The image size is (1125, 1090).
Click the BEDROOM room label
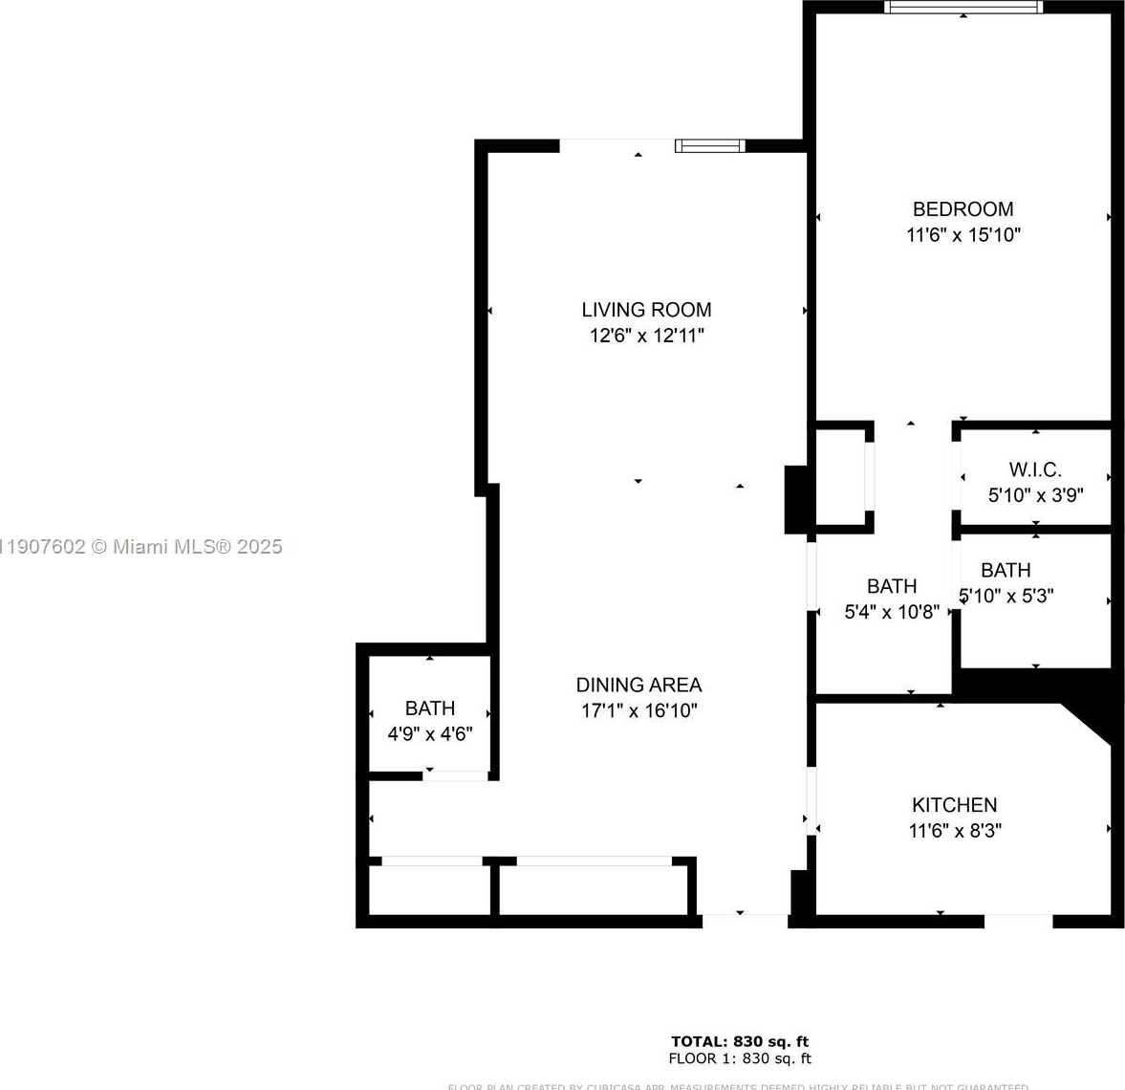click(963, 209)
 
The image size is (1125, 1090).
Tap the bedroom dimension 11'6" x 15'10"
click(963, 235)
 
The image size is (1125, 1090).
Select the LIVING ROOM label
click(646, 310)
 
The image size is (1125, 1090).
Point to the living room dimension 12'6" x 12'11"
click(646, 336)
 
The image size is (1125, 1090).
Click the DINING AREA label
click(638, 685)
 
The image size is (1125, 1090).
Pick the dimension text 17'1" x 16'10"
click(638, 710)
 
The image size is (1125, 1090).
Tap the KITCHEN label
click(954, 805)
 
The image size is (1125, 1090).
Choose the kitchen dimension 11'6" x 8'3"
click(954, 831)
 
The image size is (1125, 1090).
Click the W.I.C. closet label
click(1035, 469)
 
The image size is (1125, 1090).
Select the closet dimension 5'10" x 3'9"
click(1035, 495)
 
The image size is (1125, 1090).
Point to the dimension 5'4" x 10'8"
click(892, 612)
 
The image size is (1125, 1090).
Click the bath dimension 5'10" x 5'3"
click(1006, 596)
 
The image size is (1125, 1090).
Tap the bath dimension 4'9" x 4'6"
click(430, 734)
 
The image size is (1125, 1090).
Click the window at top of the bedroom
click(963, 8)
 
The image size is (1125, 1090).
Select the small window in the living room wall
click(709, 145)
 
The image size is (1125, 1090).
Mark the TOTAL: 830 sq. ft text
click(740, 1041)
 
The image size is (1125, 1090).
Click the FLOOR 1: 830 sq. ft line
click(740, 1058)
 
